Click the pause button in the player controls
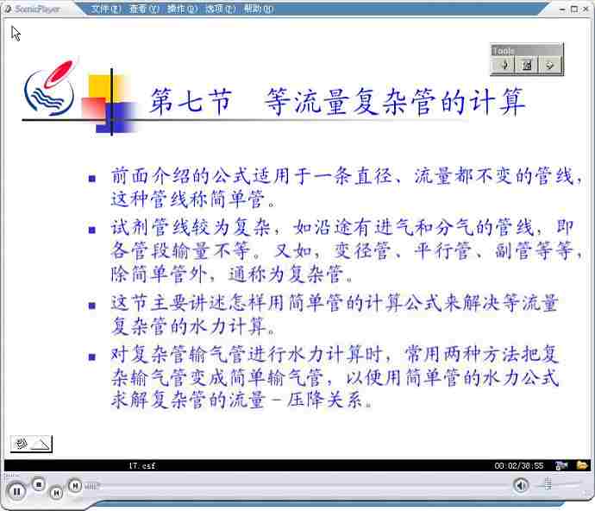pos(16,492)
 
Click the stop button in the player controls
pos(38,484)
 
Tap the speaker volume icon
pos(521,485)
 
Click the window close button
pos(586,9)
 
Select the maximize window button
pos(574,9)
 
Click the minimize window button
pos(562,9)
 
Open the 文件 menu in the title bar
pos(106,9)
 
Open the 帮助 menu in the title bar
pos(259,9)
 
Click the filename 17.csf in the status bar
pos(142,465)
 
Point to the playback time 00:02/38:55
pos(519,466)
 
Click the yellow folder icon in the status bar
pos(582,465)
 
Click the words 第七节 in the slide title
pos(191,101)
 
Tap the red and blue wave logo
pos(50,88)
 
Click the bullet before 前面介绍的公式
pos(91,178)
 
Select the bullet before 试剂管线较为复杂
pos(91,230)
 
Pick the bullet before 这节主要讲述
pos(91,305)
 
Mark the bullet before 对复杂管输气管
pos(91,356)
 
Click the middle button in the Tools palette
pos(527,65)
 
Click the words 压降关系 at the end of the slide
pos(325,400)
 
